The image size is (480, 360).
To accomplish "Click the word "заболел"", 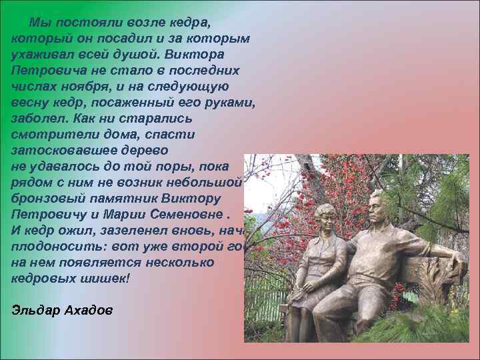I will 39,119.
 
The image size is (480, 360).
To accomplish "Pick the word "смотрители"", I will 53,135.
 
